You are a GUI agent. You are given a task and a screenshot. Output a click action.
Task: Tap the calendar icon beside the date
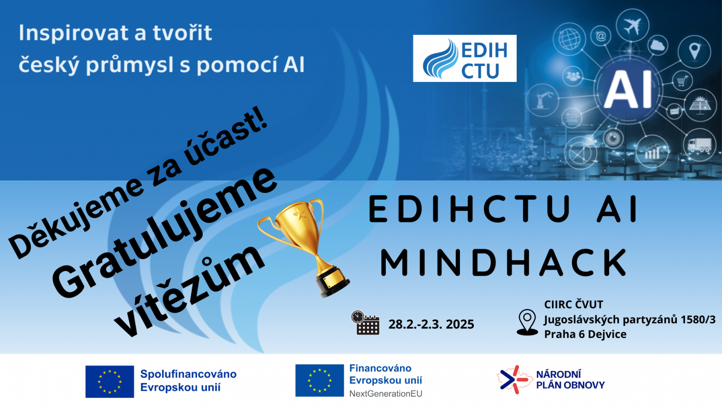click(x=366, y=323)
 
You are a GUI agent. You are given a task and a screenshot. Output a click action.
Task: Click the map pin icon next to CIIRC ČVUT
click(x=527, y=323)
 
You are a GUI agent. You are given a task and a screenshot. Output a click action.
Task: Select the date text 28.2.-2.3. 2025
click(x=431, y=324)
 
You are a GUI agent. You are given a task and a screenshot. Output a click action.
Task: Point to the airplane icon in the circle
click(x=632, y=25)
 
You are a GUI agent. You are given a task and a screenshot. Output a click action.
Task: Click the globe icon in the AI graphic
click(x=569, y=39)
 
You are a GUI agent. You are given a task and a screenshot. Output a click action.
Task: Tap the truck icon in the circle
click(x=699, y=145)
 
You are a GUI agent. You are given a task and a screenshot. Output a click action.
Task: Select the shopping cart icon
click(x=682, y=81)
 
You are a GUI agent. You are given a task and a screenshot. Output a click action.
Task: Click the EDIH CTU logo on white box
click(x=465, y=58)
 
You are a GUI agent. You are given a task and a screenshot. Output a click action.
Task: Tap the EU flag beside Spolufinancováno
click(x=110, y=382)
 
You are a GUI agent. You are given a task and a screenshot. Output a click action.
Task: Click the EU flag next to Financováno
click(x=320, y=380)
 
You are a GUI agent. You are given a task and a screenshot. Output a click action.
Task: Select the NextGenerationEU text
click(x=386, y=394)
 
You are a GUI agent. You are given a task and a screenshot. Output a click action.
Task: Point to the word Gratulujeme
click(x=164, y=232)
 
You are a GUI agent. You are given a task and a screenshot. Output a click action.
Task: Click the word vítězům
click(x=190, y=290)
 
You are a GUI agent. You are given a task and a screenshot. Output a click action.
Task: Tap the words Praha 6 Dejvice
click(x=585, y=335)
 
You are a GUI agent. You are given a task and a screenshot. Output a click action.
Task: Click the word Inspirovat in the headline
click(x=76, y=33)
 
